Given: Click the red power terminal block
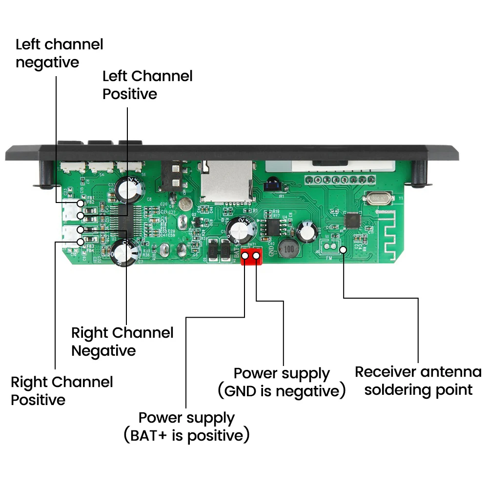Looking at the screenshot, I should pyautogui.click(x=251, y=256).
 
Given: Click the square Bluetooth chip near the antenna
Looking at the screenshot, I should pyautogui.click(x=352, y=220).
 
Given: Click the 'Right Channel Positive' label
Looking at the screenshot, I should pyautogui.click(x=61, y=390).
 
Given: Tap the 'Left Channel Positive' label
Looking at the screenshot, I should pyautogui.click(x=147, y=84).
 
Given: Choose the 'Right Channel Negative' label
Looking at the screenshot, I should pyautogui.click(x=122, y=342).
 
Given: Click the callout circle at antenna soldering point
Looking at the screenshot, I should pyautogui.click(x=344, y=249).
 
